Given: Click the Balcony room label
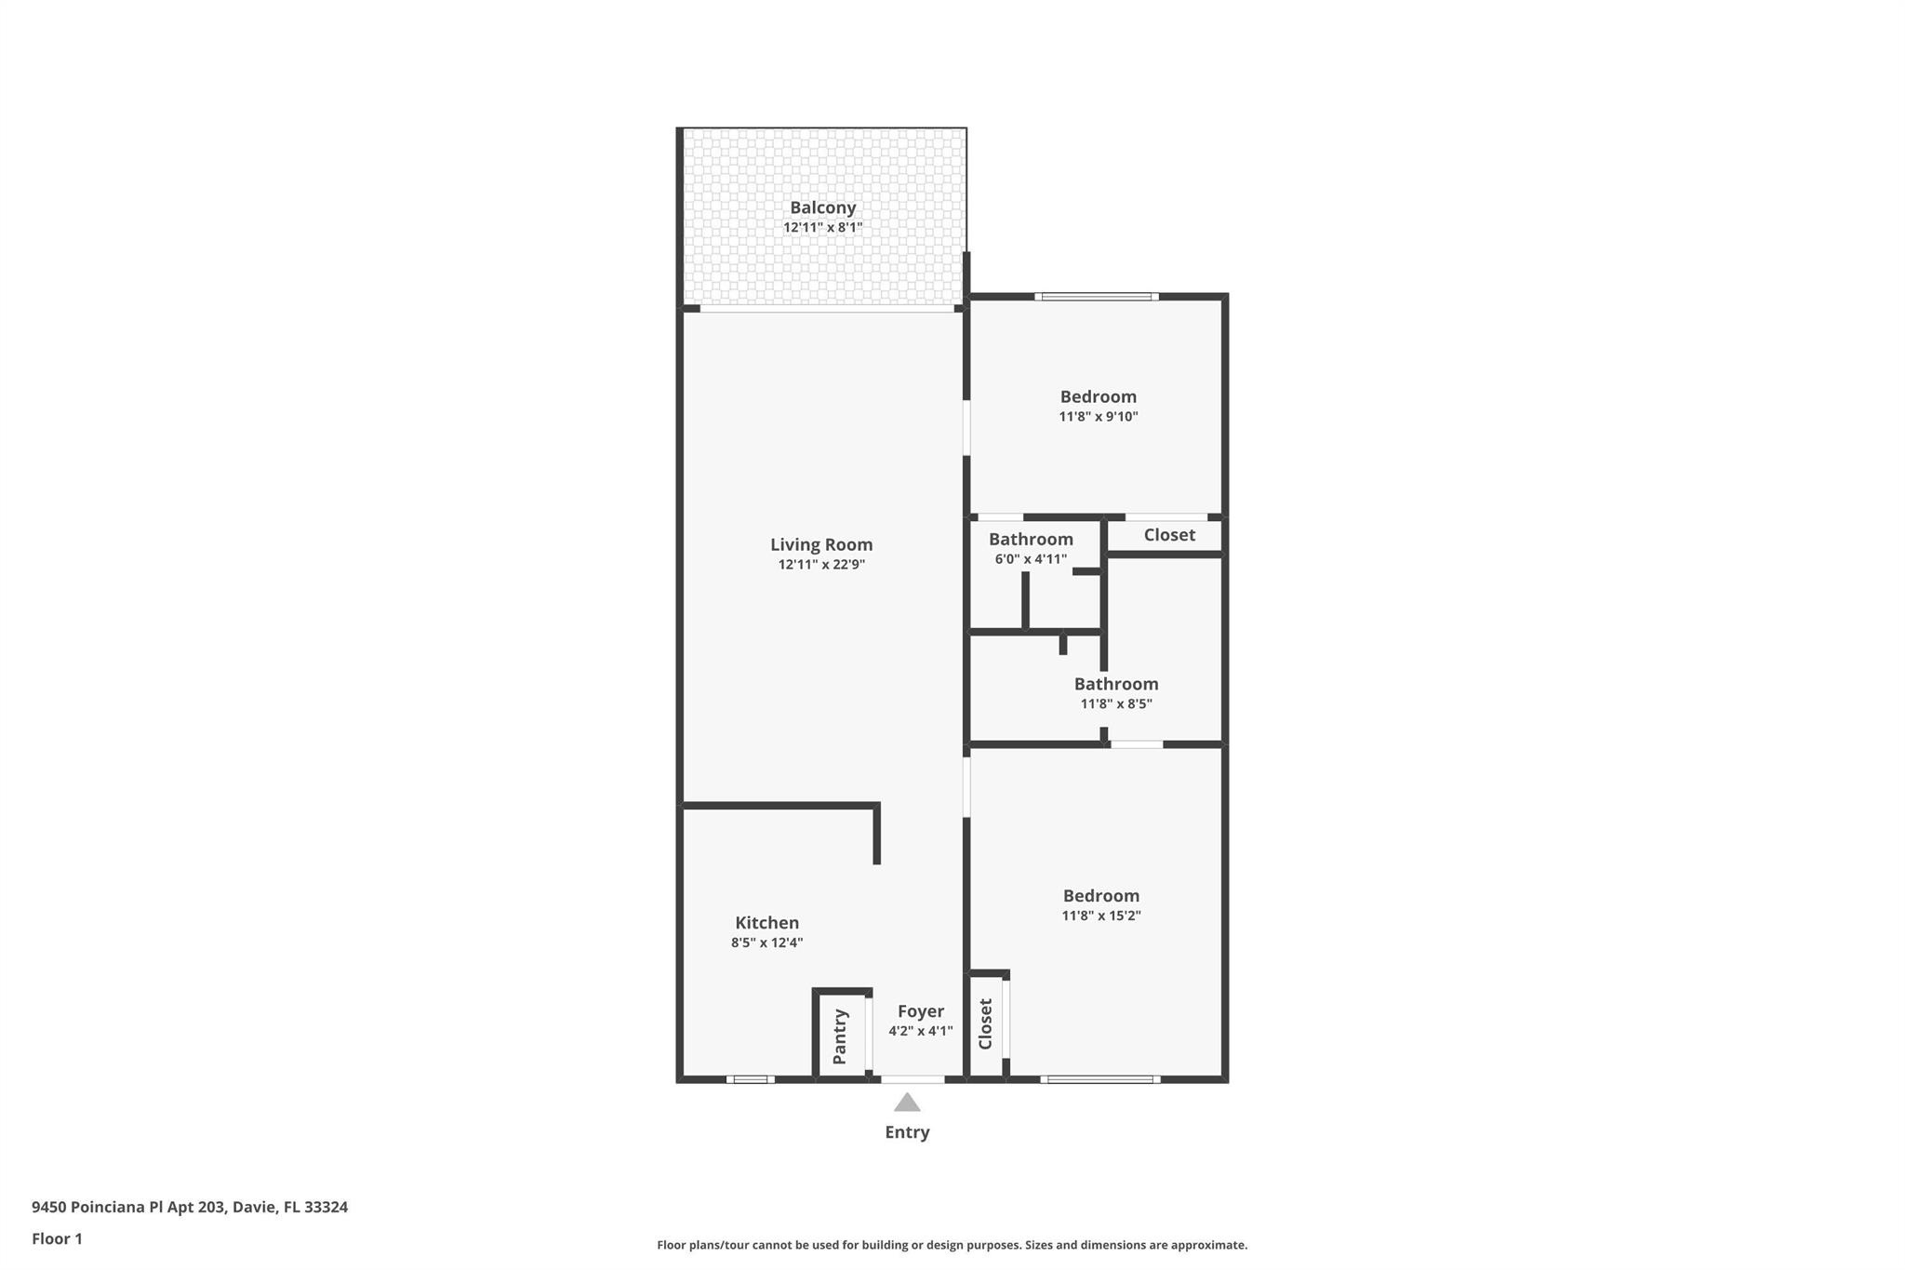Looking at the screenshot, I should click(822, 207).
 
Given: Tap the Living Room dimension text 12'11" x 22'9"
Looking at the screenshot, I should click(821, 565).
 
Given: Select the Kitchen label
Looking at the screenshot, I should click(766, 923).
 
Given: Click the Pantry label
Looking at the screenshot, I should click(840, 1036).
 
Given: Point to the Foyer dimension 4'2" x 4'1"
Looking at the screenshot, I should click(920, 1031).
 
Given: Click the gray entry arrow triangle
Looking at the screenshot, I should click(907, 1103).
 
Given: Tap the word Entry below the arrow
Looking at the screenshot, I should click(907, 1132).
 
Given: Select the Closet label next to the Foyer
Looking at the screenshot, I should click(986, 1024).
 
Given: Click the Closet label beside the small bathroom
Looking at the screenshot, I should click(1169, 535).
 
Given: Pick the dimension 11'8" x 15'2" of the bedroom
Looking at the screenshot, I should click(1101, 916).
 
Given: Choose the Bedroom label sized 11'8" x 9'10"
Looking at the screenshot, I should click(1098, 397).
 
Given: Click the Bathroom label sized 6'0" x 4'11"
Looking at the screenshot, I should click(1031, 540).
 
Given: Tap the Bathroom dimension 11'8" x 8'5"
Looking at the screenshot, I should click(1115, 704).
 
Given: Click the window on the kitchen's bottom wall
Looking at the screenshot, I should click(750, 1079).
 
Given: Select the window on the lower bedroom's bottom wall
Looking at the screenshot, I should click(1099, 1079).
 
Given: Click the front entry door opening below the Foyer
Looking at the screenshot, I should click(912, 1079).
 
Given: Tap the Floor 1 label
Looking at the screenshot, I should click(57, 1239).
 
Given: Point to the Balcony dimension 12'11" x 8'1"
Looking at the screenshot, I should click(822, 228).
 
